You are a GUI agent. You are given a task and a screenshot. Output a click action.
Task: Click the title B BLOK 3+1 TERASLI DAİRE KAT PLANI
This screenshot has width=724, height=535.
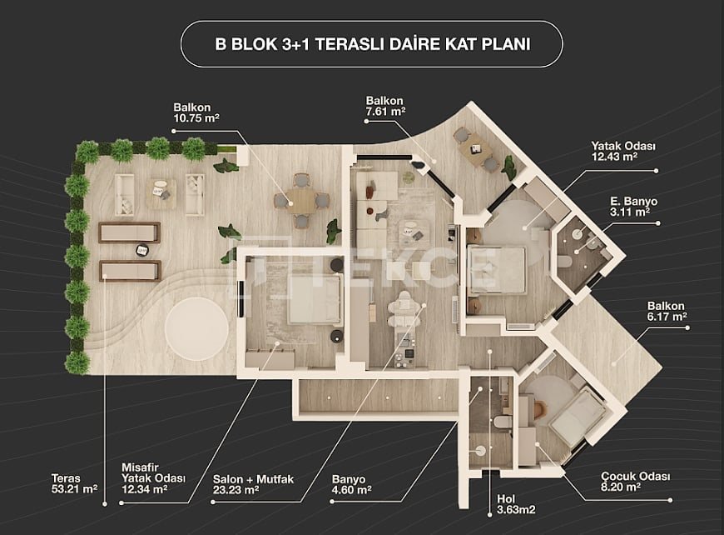click(x=372, y=44)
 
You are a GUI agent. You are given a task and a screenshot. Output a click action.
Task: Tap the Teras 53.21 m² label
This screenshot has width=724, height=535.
click(x=74, y=483)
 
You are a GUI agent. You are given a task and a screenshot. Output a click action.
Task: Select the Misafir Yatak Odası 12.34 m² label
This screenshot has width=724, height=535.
click(x=153, y=478)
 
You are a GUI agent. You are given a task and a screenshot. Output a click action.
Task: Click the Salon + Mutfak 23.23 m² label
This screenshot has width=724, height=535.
click(x=253, y=484)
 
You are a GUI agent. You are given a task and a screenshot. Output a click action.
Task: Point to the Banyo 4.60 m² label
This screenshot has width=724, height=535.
click(x=352, y=484)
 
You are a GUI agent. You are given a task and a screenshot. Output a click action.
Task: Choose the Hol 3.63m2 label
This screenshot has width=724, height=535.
click(x=516, y=504)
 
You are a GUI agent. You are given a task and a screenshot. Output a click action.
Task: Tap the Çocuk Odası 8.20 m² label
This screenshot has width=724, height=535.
click(x=635, y=482)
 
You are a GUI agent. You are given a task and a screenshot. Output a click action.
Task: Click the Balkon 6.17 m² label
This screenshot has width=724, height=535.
click(x=667, y=311)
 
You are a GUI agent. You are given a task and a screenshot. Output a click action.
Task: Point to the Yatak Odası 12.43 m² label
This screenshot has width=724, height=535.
click(x=623, y=151)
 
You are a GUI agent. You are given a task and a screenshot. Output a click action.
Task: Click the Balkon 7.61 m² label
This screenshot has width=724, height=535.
click(x=385, y=106)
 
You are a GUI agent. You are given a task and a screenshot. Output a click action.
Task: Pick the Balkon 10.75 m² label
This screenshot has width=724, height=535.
click(x=196, y=112)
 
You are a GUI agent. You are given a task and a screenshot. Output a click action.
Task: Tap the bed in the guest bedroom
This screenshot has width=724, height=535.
click(x=315, y=298)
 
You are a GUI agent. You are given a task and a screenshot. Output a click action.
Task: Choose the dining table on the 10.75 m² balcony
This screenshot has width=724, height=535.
click(x=301, y=200)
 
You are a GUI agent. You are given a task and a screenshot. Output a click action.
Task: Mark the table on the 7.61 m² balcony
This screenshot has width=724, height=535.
click(x=476, y=150)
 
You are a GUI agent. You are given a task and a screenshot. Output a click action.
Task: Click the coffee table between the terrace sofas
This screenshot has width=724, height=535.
click(x=161, y=193)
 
